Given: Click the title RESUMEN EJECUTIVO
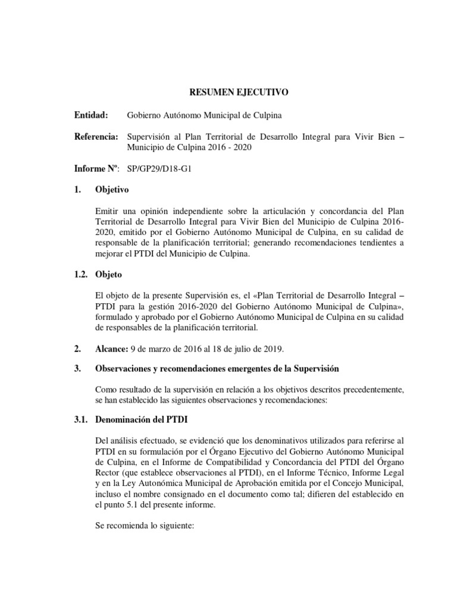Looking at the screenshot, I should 239,92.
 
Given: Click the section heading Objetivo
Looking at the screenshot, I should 111,190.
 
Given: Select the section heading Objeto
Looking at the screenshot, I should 109,276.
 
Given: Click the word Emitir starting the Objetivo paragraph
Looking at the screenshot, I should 107,212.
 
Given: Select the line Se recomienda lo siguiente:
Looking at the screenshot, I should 141,527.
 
